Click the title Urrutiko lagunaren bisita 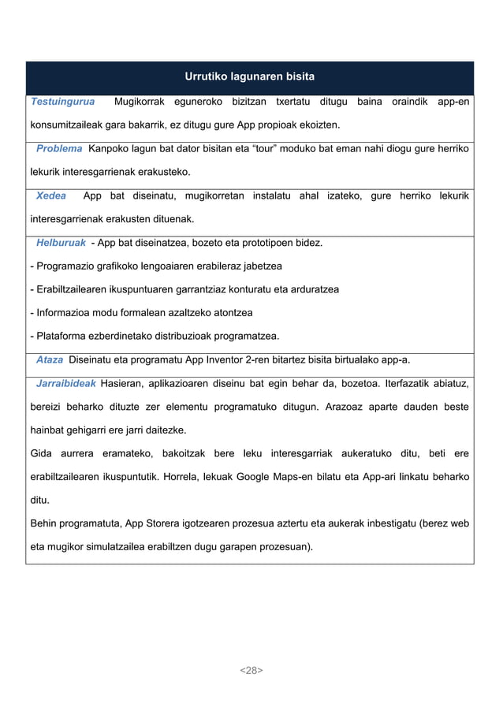(249, 76)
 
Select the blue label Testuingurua (62, 102)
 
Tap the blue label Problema (59, 148)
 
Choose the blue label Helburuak (61, 242)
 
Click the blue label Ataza (50, 360)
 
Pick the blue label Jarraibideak (66, 384)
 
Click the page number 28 (251, 670)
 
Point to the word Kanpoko (113, 148)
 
